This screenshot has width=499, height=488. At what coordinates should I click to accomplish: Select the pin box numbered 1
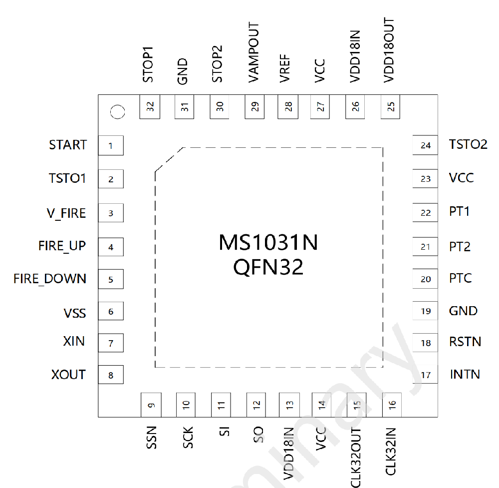111,145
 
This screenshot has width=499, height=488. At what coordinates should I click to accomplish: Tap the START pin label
68,145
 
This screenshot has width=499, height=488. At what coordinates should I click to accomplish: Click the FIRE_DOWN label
49,279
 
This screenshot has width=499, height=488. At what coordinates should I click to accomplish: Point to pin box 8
111,375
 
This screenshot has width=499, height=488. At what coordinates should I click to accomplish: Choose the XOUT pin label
68,375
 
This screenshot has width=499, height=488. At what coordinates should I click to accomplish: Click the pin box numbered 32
150,107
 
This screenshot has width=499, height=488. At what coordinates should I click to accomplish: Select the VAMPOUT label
253,52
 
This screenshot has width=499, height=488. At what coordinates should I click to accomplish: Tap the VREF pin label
285,69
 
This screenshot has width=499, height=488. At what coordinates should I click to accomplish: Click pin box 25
390,107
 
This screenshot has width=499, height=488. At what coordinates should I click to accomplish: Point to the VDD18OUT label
389,50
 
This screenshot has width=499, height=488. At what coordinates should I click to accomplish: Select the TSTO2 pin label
468,145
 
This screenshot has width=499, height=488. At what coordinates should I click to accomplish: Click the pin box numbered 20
425,279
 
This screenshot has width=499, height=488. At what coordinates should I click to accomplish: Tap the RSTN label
465,342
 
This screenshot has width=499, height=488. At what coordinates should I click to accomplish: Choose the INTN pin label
465,374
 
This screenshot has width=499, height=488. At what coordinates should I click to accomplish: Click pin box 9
151,405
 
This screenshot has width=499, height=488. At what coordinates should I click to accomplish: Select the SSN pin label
152,438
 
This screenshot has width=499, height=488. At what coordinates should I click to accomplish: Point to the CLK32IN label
390,452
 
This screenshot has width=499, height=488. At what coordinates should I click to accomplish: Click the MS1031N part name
268,243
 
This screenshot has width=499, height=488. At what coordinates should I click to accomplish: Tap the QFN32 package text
268,267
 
